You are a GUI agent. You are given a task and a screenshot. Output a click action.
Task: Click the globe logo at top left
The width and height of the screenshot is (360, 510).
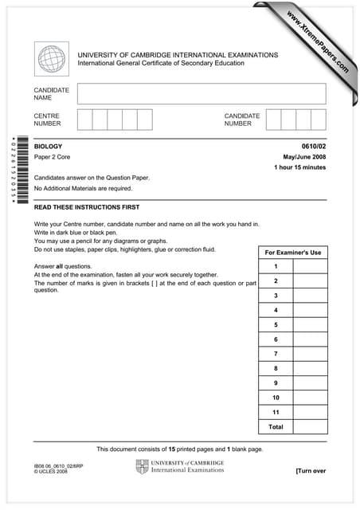[52, 59]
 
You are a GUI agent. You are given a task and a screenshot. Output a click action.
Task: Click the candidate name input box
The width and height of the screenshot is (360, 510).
[202, 94]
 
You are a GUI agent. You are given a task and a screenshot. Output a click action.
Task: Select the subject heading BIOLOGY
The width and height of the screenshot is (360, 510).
[48, 147]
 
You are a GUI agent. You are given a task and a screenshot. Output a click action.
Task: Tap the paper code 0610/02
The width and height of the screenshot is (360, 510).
[313, 147]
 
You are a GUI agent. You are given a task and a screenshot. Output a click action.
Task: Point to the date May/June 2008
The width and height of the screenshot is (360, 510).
[304, 157]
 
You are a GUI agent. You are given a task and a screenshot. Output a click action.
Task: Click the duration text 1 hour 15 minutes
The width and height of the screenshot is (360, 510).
[299, 167]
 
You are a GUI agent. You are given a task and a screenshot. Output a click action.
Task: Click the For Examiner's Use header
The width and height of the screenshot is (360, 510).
[292, 253]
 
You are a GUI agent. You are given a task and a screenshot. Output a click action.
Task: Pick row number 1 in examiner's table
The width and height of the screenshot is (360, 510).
[276, 266]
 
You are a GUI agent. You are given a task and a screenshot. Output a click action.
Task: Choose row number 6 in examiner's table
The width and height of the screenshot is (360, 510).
[276, 339]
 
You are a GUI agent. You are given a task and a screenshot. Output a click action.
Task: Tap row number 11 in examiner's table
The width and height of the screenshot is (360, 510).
[276, 412]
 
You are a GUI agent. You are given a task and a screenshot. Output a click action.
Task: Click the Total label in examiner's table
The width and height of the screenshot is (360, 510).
[276, 427]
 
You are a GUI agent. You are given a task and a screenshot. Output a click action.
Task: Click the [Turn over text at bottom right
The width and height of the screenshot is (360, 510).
[311, 471]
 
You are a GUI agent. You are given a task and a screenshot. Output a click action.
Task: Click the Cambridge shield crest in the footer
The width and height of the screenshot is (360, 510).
[143, 466]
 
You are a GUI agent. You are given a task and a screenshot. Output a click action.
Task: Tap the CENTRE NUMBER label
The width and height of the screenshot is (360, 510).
[47, 120]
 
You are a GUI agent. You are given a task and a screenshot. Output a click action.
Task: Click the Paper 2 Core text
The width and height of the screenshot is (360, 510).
[55, 158]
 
